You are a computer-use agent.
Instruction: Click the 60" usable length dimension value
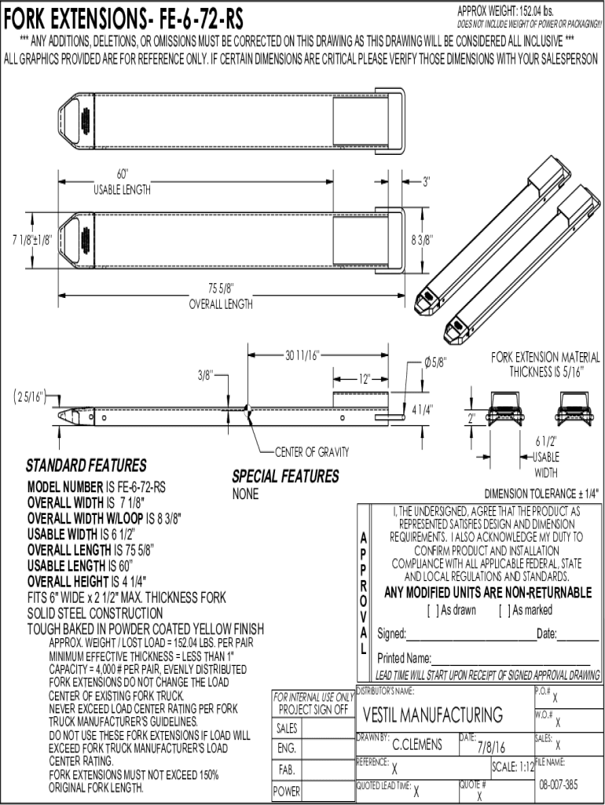click(122, 174)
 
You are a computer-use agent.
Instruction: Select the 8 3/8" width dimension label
click(422, 239)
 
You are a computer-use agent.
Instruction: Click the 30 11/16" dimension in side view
click(302, 355)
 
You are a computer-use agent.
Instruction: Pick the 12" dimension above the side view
click(365, 380)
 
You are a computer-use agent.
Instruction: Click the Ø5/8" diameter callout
click(435, 362)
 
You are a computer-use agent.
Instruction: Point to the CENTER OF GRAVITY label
click(312, 452)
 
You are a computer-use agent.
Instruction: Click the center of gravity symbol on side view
click(247, 410)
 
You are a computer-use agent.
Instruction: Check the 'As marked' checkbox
click(504, 610)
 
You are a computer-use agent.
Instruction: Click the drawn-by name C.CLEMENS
click(416, 744)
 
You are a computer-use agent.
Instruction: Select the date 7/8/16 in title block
click(491, 746)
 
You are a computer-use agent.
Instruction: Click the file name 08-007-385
click(559, 785)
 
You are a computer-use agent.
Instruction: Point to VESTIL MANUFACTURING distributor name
click(433, 715)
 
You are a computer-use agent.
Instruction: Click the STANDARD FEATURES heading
click(86, 465)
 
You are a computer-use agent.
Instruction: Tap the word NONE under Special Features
click(245, 494)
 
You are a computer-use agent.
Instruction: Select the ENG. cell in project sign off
click(287, 748)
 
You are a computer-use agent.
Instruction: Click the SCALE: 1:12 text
click(513, 767)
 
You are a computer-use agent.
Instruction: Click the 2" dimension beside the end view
click(471, 418)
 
